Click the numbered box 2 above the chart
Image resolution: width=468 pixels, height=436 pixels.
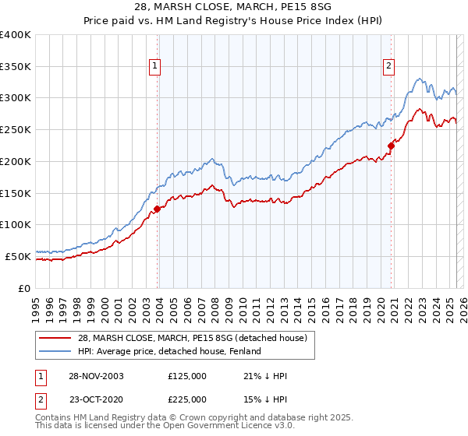tap(388, 66)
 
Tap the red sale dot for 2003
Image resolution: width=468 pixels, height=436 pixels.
tap(157, 209)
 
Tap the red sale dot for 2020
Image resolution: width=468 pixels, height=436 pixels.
tap(390, 145)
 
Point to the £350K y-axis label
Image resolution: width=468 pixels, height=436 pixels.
tap(16, 67)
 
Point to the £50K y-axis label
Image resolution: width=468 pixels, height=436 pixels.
tap(18, 256)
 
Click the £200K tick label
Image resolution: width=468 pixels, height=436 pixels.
tap(16, 161)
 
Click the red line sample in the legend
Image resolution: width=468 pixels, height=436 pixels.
tap(55, 338)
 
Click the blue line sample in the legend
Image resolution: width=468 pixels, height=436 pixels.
tap(55, 351)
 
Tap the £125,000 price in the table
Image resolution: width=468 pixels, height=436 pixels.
tap(187, 376)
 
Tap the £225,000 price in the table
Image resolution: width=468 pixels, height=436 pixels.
tap(187, 399)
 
